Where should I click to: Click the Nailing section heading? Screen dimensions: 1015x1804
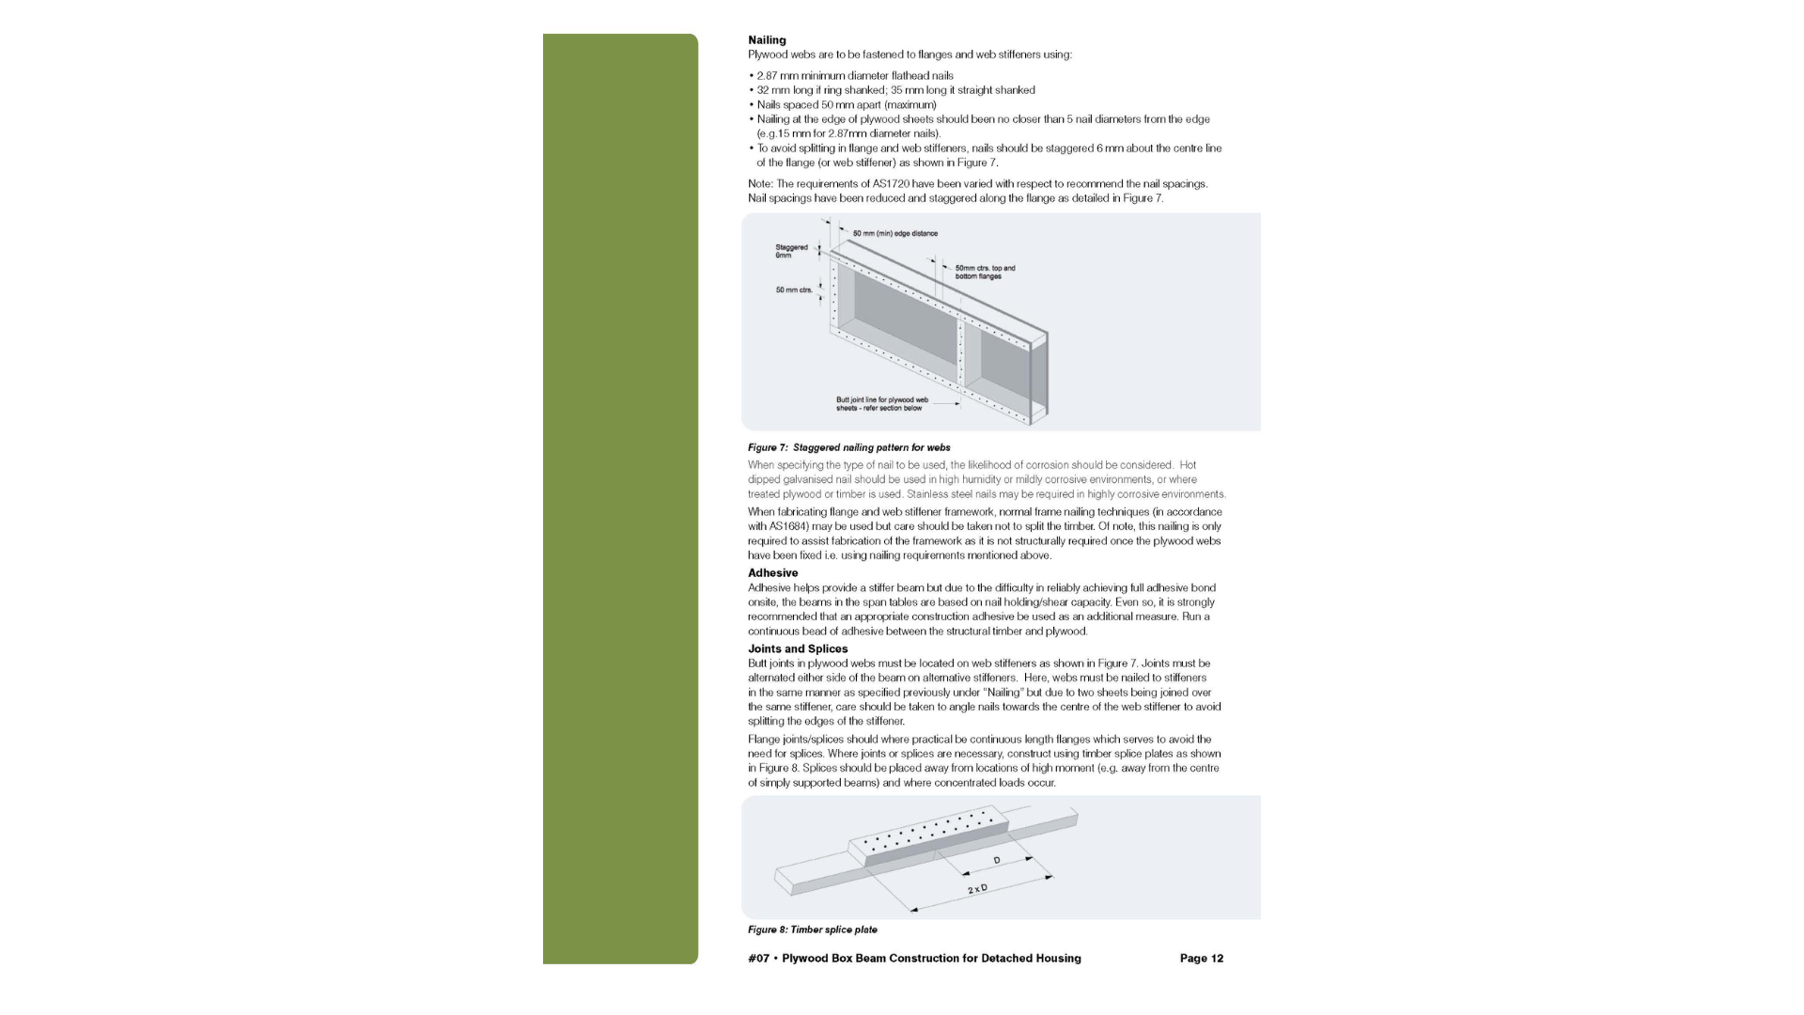[767, 40]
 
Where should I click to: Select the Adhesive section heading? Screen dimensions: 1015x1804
[772, 573]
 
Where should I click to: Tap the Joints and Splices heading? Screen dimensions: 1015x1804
[798, 649]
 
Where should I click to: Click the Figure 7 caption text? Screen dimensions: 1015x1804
[848, 448]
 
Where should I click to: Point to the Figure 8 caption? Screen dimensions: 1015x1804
[812, 930]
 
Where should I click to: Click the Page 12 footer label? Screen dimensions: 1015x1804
[1201, 959]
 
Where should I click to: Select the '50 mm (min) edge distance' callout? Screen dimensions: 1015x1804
[894, 234]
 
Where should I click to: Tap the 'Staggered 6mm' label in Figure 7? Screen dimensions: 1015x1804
[791, 251]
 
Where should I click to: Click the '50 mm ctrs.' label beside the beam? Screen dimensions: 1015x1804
[794, 290]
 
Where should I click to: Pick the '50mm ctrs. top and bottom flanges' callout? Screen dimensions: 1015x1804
[985, 273]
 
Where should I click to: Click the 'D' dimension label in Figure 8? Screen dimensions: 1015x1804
[997, 861]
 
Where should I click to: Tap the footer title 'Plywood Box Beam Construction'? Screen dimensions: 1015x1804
[931, 959]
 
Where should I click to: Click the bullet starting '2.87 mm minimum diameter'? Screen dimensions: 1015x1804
[854, 76]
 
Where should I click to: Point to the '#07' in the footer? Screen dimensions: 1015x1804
[758, 959]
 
